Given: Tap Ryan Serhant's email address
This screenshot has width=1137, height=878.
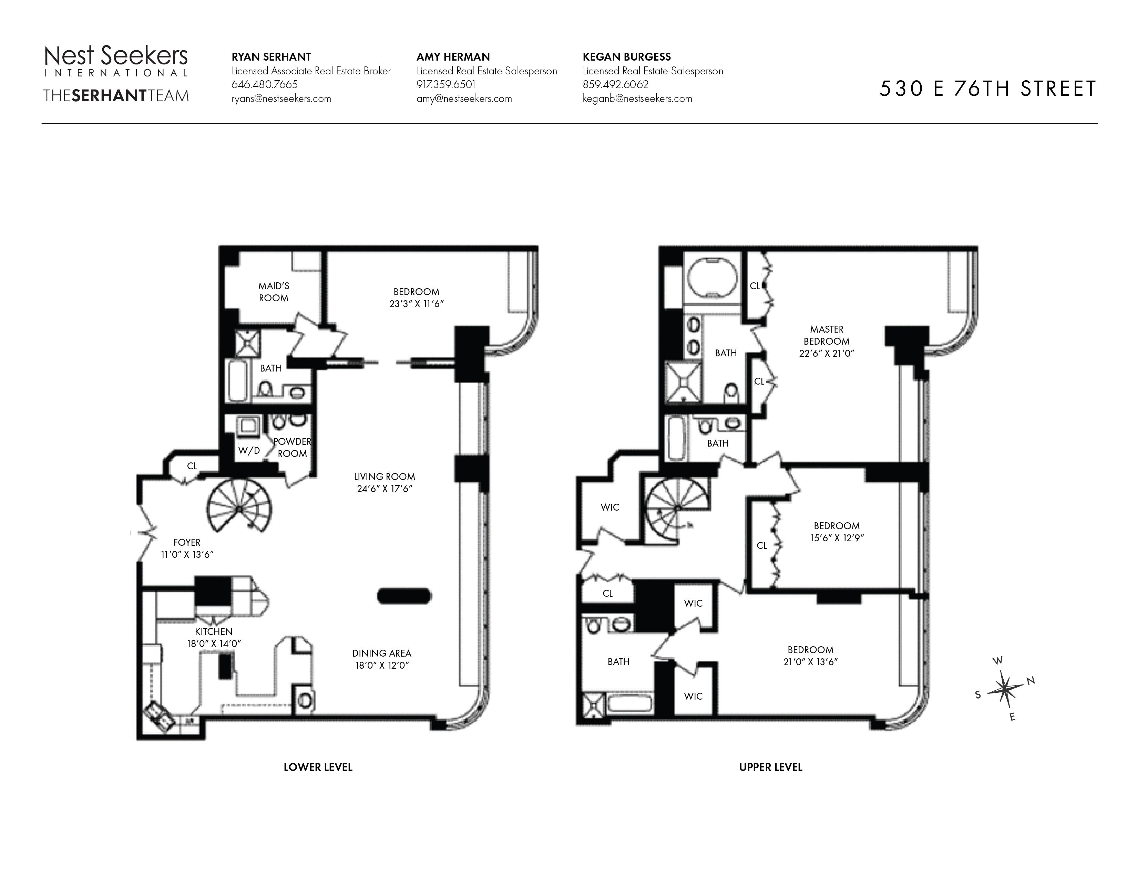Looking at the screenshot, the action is click(281, 99).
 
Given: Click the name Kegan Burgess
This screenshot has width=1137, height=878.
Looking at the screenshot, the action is click(627, 57).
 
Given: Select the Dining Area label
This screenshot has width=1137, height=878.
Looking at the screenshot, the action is click(382, 653).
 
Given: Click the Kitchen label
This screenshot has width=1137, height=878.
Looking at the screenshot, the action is click(214, 631).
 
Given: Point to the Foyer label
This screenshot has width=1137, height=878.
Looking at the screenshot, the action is click(187, 543).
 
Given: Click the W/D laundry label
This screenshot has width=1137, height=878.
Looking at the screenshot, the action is click(249, 450).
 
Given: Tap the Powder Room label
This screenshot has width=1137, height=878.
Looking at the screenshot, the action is click(292, 447).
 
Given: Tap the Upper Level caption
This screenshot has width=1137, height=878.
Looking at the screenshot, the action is click(771, 767).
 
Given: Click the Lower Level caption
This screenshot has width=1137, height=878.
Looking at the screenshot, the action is click(318, 767).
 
